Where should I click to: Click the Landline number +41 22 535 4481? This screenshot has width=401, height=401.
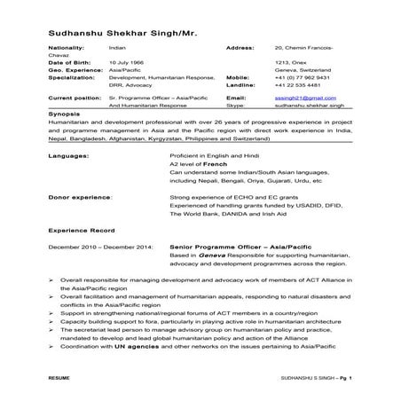pyautogui.click(x=296, y=85)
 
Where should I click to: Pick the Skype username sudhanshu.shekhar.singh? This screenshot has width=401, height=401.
pyautogui.click(x=306, y=104)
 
